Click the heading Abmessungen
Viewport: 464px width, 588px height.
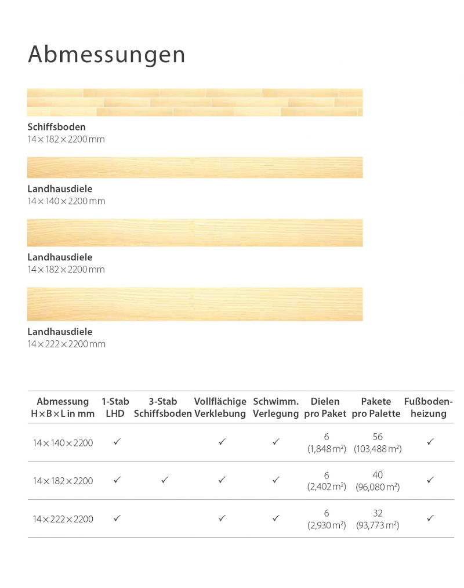pyautogui.click(x=107, y=55)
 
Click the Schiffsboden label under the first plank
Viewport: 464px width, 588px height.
pyautogui.click(x=56, y=126)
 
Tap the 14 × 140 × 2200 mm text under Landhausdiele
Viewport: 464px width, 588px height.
pyautogui.click(x=66, y=201)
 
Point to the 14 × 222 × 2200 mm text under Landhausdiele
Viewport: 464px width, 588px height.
pyautogui.click(x=66, y=344)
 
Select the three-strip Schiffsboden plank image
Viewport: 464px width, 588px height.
pyautogui.click(x=195, y=102)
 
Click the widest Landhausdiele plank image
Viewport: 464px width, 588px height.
pyautogui.click(x=195, y=304)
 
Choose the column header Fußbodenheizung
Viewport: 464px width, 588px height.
pyautogui.click(x=429, y=407)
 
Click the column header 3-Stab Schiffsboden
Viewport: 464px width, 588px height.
pyautogui.click(x=162, y=407)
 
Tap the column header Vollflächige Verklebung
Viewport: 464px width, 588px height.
pyautogui.click(x=220, y=407)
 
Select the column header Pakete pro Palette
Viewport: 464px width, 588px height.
pyautogui.click(x=376, y=407)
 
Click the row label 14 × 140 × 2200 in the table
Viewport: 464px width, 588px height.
pyautogui.click(x=63, y=443)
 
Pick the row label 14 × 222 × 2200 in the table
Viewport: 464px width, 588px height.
pyautogui.click(x=63, y=519)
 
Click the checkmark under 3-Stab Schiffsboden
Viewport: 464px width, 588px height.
pyautogui.click(x=165, y=480)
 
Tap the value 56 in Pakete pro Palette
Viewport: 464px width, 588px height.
pyautogui.click(x=378, y=437)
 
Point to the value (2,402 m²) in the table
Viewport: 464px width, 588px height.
pyautogui.click(x=327, y=487)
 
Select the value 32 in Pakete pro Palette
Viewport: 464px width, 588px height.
pyautogui.click(x=378, y=513)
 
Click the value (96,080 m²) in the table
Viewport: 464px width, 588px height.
pyautogui.click(x=378, y=487)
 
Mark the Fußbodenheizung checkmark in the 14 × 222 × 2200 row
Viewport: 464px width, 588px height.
pyautogui.click(x=430, y=518)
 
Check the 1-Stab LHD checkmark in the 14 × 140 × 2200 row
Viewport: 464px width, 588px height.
pyautogui.click(x=117, y=442)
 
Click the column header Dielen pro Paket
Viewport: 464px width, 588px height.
pyautogui.click(x=325, y=407)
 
